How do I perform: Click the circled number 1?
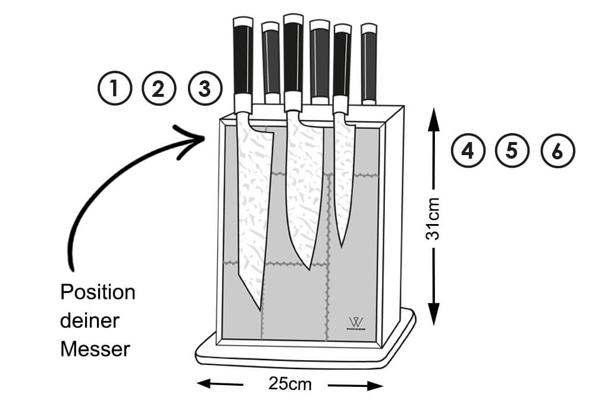click(115, 89)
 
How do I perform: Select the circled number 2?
click(158, 89)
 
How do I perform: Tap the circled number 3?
click(204, 89)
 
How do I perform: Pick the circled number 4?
click(468, 150)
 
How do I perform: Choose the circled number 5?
click(512, 150)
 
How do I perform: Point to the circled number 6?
click(557, 150)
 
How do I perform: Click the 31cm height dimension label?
click(434, 218)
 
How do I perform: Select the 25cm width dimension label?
click(290, 384)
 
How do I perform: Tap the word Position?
click(98, 292)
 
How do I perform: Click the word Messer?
click(95, 349)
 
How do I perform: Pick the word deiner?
click(90, 321)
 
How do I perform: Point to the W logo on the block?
click(357, 322)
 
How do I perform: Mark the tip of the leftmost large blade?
click(259, 308)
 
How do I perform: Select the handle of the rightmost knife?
click(369, 62)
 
